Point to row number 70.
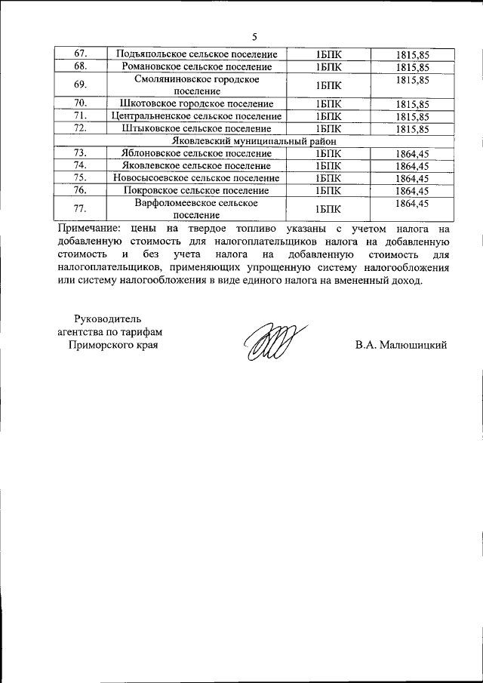(x=82, y=103)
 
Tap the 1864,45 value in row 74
(x=412, y=166)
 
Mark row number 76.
(x=82, y=191)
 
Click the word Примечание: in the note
(x=88, y=227)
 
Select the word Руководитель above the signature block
(x=109, y=317)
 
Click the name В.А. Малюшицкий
(x=401, y=345)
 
